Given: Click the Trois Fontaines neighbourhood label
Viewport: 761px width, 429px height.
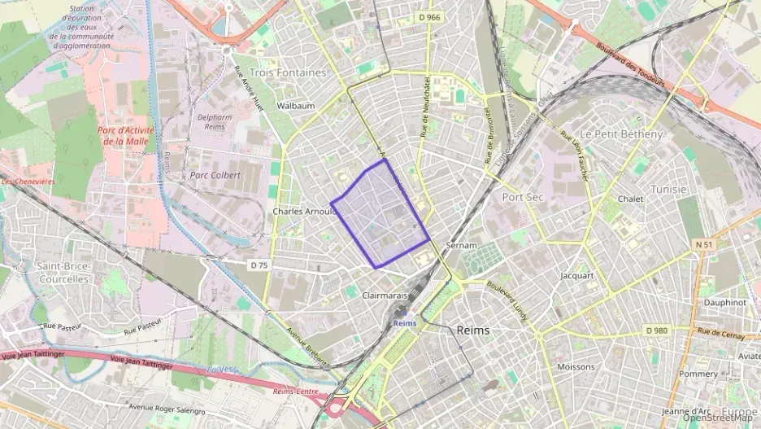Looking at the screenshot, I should tap(288, 72).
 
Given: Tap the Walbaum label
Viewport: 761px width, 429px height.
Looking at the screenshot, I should tap(295, 106).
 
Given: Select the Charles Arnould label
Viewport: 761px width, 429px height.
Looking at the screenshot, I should tap(303, 212).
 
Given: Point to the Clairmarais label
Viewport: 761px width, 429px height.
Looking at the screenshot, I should tap(384, 296).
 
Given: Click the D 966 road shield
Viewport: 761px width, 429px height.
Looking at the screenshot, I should tap(430, 16).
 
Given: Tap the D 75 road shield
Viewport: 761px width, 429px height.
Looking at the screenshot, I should tap(259, 265).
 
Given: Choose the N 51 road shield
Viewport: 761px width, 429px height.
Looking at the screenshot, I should tap(704, 244).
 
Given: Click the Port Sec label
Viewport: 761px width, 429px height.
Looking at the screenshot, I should tap(523, 197).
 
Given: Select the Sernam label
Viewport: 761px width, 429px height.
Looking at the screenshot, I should tap(461, 245).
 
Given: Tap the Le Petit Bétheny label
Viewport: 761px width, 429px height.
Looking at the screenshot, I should tap(621, 134).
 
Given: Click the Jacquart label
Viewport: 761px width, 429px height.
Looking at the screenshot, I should tap(577, 275).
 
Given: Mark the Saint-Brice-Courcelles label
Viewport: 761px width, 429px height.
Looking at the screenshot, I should tap(63, 273).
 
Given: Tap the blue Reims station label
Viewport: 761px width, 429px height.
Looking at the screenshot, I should tap(404, 323).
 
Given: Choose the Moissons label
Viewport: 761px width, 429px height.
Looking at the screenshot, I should tap(576, 366).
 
